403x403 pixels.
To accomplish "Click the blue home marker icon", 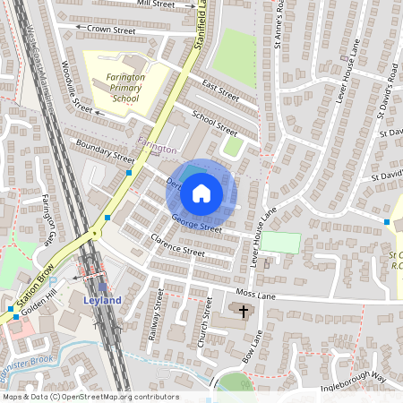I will click(201, 193).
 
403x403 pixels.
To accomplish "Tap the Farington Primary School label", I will click(116, 88).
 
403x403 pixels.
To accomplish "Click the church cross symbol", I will click(243, 310).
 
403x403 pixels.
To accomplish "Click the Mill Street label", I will click(156, 4).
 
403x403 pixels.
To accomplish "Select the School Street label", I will click(215, 124).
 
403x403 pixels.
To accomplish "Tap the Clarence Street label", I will click(177, 245).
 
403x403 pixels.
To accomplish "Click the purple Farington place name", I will click(157, 145).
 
